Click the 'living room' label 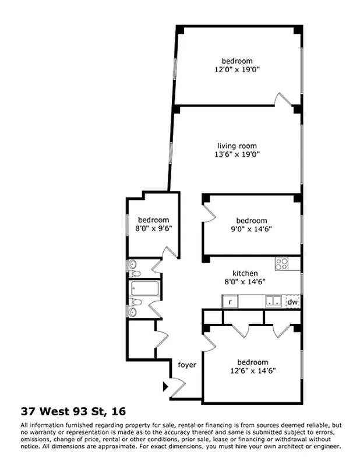tap(237, 146)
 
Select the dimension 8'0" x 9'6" tap(153, 228)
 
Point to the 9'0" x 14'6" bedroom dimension tap(252, 228)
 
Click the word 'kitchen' tap(245, 273)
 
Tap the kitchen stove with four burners tap(282, 263)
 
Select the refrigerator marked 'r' tap(230, 302)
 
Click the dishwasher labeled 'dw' tap(292, 302)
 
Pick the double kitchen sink tap(273, 302)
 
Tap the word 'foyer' tap(187, 365)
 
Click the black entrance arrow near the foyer tap(166, 386)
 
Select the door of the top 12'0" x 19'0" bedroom tap(282, 100)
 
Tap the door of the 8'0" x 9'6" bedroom tap(170, 253)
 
